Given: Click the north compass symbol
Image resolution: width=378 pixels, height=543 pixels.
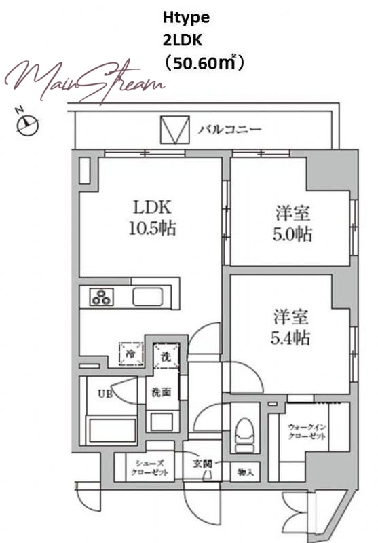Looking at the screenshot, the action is pos(27,124).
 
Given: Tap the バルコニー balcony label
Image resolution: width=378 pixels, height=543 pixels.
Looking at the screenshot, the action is pos(230,130).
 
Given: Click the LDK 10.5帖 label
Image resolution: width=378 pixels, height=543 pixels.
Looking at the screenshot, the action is pos(152,218).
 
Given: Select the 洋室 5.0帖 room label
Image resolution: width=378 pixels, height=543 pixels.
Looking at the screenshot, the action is pos(292,223).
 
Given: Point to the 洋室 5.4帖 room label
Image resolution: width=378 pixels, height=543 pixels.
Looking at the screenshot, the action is pos(290,327).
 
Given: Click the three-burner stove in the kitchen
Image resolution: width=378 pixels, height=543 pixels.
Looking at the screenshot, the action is pos(102,297).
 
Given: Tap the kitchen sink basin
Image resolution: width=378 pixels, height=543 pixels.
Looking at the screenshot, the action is pos(148,297).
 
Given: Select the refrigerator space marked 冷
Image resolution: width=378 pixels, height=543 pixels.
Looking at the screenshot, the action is pos(131,354).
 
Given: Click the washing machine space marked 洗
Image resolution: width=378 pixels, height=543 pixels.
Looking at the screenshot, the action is pos(166,355).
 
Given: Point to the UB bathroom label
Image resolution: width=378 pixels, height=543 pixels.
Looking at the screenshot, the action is pos(105,394).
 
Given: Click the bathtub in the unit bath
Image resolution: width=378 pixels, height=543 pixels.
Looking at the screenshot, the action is pos(113,430).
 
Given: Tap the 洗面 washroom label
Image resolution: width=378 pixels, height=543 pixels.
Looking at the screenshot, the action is pos(162,392).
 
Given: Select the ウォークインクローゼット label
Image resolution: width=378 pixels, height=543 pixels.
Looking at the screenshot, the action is pos(307,432).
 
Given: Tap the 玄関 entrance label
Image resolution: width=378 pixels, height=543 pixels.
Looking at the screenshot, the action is pos(202,464).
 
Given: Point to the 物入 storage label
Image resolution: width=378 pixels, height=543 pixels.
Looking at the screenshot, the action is pos(246,472).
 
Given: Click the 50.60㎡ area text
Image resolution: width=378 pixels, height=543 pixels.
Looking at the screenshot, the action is pos(204,62).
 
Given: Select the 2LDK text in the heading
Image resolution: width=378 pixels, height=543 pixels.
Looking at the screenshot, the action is pos(182,41).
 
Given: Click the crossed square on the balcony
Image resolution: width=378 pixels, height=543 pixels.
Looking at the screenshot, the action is pos(175,130).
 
